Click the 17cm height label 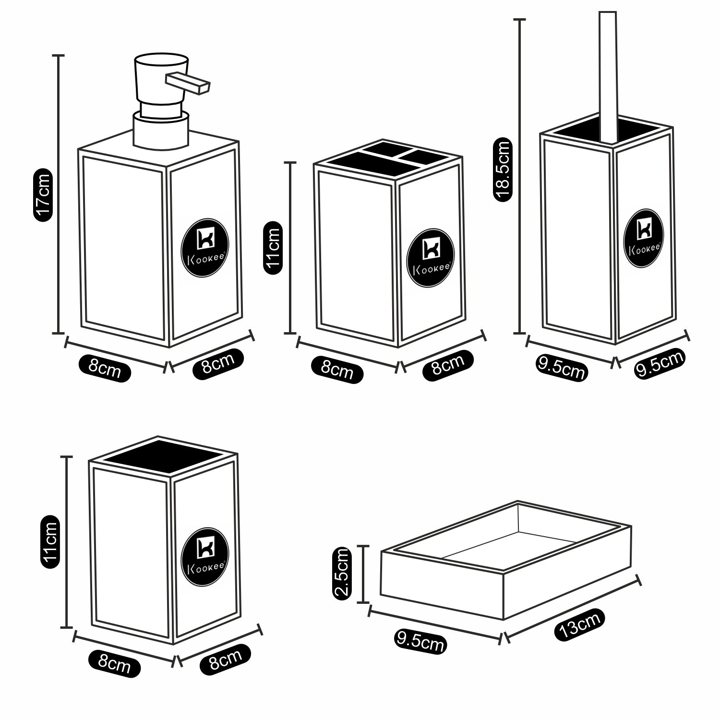tap(43, 195)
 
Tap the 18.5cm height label tap(503, 169)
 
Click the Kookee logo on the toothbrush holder tap(430, 259)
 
